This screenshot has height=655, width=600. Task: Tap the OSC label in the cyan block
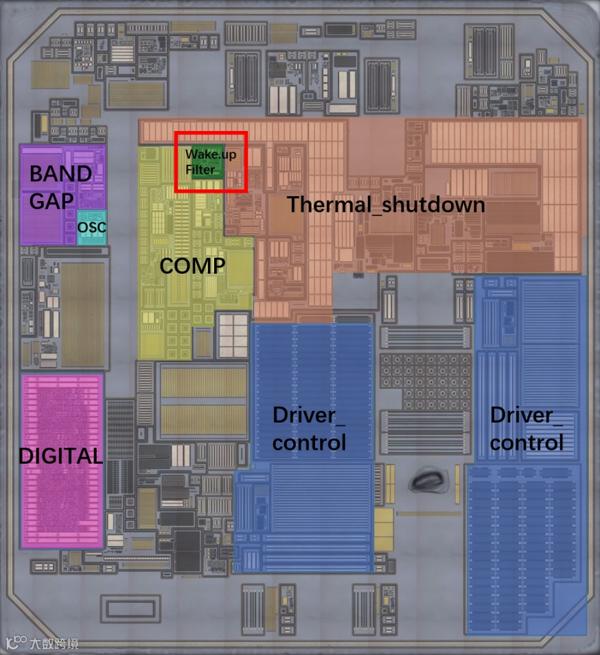(91, 227)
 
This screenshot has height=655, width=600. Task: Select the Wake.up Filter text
(209, 162)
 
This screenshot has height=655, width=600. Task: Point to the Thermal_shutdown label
(386, 204)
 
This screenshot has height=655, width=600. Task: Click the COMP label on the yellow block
(192, 266)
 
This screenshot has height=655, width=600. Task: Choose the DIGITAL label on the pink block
(60, 455)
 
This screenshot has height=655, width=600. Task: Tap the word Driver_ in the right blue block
(522, 415)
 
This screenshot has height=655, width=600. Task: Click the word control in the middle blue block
(309, 442)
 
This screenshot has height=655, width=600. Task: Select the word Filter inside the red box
(200, 169)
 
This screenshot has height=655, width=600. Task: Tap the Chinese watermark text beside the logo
(54, 643)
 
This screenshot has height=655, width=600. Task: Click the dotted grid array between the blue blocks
(426, 377)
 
